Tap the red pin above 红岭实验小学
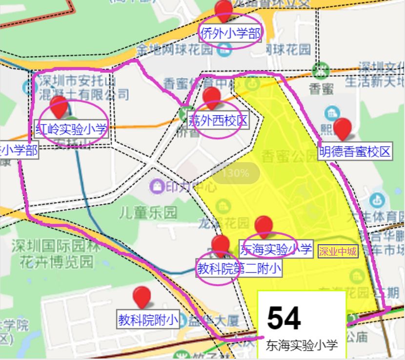(x=59, y=106)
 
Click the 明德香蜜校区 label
(x=355, y=151)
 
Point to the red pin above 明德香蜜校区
(x=342, y=128)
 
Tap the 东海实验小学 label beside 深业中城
(x=276, y=250)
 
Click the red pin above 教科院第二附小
(x=221, y=245)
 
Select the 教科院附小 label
(x=148, y=320)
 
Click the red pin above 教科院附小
(x=142, y=296)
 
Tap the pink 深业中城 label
(x=338, y=252)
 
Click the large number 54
(x=284, y=318)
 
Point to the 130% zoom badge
(x=236, y=173)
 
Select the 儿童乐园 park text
(x=148, y=212)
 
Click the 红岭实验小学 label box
(x=71, y=130)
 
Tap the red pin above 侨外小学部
(x=223, y=10)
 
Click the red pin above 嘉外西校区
(x=212, y=97)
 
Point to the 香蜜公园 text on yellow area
(x=282, y=156)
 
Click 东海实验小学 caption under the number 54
(x=302, y=346)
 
